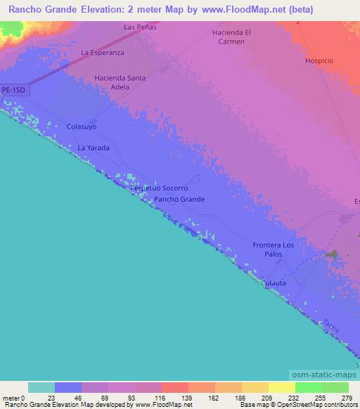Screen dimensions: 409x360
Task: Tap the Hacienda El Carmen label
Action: (231, 37)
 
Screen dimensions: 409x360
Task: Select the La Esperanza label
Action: (103, 52)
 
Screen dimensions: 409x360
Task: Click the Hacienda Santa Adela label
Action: (120, 82)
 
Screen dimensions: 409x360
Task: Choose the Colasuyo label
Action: (81, 126)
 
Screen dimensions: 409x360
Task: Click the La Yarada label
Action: (94, 148)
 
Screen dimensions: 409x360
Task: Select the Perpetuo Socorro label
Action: (159, 189)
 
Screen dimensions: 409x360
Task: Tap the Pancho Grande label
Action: (179, 200)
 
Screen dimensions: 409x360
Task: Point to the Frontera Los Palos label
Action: (274, 249)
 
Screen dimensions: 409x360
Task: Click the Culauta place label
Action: (274, 283)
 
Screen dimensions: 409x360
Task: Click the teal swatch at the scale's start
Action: (41, 387)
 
